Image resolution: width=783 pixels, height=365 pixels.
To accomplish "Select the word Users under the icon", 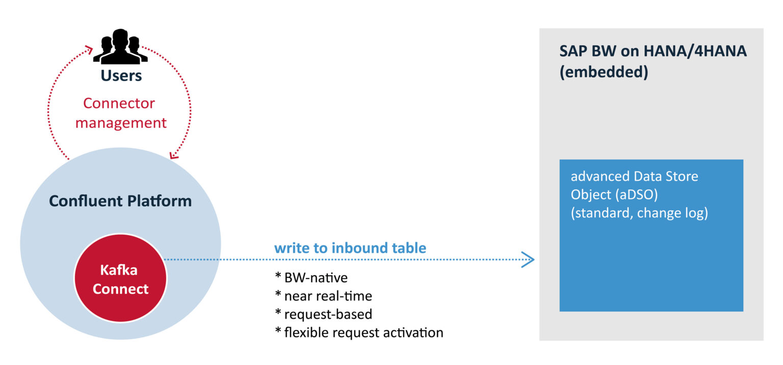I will pyautogui.click(x=121, y=76).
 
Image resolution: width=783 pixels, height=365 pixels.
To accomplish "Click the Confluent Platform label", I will pyautogui.click(x=120, y=201).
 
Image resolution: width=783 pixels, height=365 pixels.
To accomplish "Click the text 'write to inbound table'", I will pyautogui.click(x=350, y=248).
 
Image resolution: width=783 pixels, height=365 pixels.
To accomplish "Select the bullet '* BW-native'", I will pyautogui.click(x=311, y=277).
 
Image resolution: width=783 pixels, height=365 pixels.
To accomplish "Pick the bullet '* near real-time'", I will pyautogui.click(x=323, y=296).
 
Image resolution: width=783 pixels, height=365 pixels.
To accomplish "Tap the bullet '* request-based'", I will pyautogui.click(x=323, y=314).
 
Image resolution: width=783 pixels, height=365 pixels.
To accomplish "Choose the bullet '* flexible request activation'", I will pyautogui.click(x=359, y=332).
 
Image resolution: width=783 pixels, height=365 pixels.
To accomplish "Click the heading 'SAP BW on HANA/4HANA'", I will pyautogui.click(x=652, y=51).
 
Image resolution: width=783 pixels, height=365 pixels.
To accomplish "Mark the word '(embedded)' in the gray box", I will pyautogui.click(x=604, y=72).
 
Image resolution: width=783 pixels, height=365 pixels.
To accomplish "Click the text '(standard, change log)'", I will pyautogui.click(x=639, y=213).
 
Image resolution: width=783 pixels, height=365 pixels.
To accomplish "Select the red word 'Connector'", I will pyautogui.click(x=119, y=103).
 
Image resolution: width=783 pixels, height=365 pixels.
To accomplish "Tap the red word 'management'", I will pyautogui.click(x=121, y=123).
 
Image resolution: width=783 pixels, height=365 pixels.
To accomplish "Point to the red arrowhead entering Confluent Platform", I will pyautogui.click(x=174, y=154).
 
